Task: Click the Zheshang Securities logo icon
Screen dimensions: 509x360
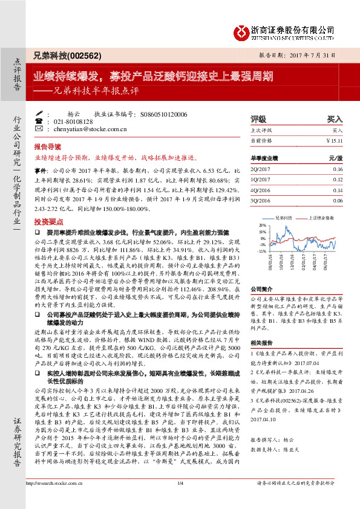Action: (x=241, y=32)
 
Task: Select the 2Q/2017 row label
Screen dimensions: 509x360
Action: (x=259, y=169)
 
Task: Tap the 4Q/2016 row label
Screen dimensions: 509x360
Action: (x=259, y=190)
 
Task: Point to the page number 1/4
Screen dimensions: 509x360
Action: (x=180, y=500)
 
